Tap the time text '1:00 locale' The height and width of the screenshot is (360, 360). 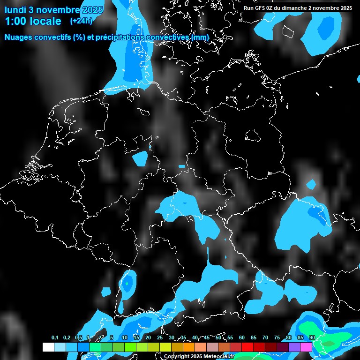point(33,21)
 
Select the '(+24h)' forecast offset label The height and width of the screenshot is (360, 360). point(81,21)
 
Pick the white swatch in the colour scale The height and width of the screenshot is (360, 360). point(48,347)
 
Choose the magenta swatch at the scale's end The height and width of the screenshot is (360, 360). point(306,347)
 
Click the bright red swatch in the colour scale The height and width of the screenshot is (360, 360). point(247,347)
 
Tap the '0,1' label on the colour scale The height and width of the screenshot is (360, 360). point(55,337)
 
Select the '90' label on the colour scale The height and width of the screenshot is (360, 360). point(312,337)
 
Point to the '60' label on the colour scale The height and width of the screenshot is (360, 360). point(242,337)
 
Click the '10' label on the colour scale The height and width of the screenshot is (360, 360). point(125,337)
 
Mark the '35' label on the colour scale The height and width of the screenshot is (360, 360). point(183,337)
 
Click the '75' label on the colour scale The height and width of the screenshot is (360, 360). point(277,337)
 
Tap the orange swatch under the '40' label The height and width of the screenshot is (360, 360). point(189,347)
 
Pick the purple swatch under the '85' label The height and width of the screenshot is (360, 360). point(294,347)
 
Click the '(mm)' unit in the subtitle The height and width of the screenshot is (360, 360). point(200,37)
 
